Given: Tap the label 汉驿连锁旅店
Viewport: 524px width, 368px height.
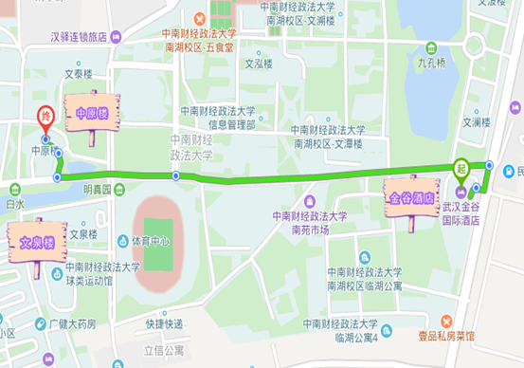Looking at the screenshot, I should point(79,39).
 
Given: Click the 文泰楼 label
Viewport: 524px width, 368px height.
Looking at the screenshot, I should point(80,72).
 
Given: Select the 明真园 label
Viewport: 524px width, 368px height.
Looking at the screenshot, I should point(97,190).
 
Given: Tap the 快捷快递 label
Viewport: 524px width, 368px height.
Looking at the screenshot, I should point(164,323).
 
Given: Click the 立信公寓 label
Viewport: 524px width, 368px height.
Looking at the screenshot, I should point(163,351).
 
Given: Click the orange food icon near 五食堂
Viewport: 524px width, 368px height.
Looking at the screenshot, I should point(200,19).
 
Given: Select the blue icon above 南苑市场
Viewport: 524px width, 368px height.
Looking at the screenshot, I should point(310,201).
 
